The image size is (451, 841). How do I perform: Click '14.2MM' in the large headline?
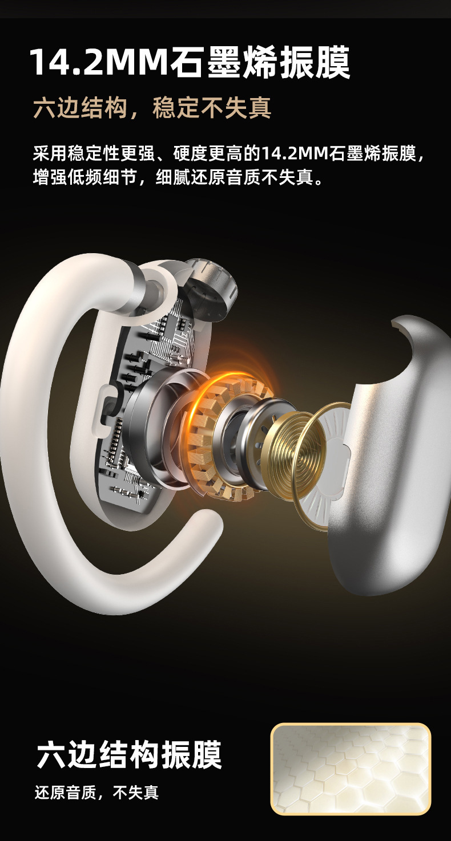99,62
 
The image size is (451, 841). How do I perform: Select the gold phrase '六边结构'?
80,108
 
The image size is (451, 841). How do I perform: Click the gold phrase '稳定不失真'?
212,108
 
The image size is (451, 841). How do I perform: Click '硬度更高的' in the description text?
217,153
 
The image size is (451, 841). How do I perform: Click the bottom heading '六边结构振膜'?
129,754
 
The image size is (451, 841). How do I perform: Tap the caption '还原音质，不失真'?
96,793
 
